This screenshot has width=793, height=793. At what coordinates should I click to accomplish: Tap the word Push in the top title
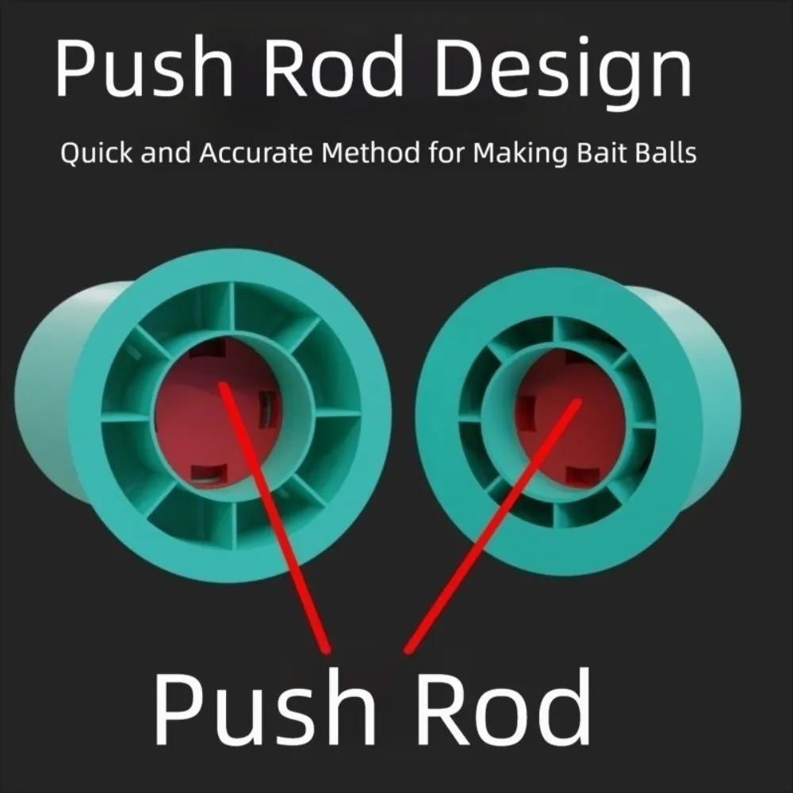144,66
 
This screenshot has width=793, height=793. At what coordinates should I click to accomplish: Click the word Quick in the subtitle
96,153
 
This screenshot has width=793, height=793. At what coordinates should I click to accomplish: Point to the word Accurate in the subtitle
256,153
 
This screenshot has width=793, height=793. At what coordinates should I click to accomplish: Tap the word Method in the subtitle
370,153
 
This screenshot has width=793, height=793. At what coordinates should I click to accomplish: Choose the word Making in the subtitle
520,154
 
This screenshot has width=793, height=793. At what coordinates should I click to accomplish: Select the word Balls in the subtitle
665,153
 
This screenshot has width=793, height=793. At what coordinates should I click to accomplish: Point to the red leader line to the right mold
493,526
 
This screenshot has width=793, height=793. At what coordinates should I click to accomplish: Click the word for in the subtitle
446,153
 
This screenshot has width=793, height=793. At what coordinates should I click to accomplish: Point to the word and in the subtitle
166,153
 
